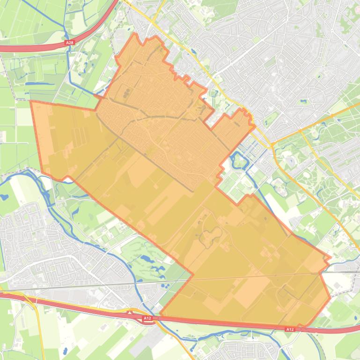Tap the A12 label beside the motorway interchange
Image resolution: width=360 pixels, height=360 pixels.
click(x=147, y=318)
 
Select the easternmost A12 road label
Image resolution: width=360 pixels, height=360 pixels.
click(x=290, y=329)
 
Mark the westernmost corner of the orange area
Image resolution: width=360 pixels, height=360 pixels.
click(x=31, y=101)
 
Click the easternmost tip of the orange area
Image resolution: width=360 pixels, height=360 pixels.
click(x=331, y=257)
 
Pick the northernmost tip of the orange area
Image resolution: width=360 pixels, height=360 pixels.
click(x=135, y=34)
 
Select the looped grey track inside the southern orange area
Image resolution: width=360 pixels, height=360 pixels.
click(x=211, y=236)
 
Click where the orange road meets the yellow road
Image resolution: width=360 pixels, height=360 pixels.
click(x=272, y=143)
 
